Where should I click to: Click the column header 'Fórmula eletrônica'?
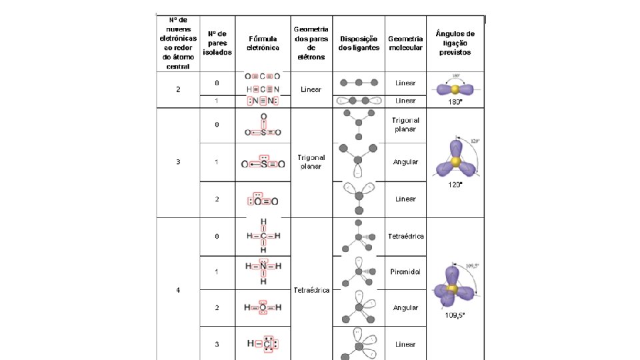click(263, 43)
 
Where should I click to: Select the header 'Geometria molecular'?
click(405, 43)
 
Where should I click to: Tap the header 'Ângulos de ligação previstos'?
click(455, 43)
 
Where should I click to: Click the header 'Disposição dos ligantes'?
click(359, 43)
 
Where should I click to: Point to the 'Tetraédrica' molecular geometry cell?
click(405, 237)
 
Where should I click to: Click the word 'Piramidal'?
click(405, 272)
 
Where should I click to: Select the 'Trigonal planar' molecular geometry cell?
click(405, 125)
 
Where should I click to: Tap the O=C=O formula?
click(263, 76)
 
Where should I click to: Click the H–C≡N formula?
click(263, 89)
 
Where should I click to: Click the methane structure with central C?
click(263, 236)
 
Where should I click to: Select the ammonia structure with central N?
click(263, 270)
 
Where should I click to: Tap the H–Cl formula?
click(263, 343)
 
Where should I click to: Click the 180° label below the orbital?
click(455, 101)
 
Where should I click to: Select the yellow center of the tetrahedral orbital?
click(453, 289)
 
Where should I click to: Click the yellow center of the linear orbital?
click(455, 89)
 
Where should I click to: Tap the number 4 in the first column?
click(177, 290)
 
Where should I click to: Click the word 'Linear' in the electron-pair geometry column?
click(311, 89)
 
